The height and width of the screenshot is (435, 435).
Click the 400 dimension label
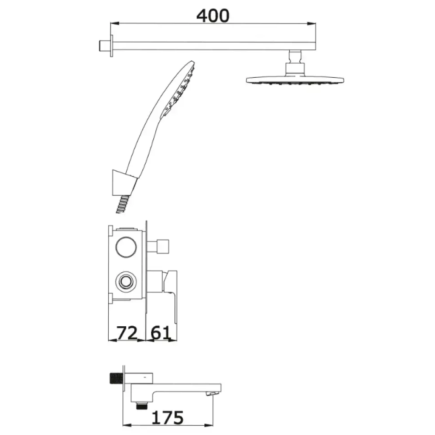(x=213, y=16)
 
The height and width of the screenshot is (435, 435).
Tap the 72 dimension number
(x=127, y=333)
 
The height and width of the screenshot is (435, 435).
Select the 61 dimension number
(x=160, y=333)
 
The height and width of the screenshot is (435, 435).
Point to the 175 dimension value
(x=167, y=418)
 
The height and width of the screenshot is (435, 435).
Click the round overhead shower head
(x=295, y=80)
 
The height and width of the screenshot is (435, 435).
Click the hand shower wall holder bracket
(x=123, y=183)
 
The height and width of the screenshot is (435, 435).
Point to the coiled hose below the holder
(x=122, y=204)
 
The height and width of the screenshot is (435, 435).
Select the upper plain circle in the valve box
(x=126, y=247)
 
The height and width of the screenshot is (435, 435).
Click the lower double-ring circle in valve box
(x=126, y=282)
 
